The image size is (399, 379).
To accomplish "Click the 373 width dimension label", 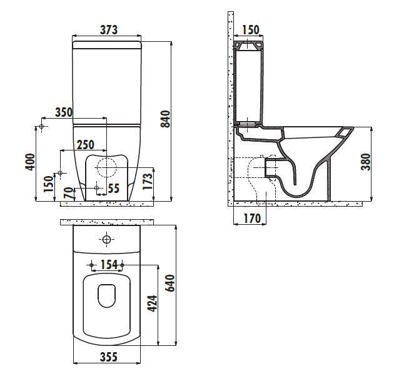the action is tap(109, 30).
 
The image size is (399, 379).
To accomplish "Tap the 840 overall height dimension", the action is tap(165, 119).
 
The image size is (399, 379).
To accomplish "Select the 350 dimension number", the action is tap(64, 112).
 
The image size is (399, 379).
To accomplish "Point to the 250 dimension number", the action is tap(86, 144).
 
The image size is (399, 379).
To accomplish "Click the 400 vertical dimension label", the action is tap(30, 162).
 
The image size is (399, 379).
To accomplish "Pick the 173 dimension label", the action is tap(148, 181).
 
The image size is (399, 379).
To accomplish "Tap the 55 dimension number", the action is tap(114, 188).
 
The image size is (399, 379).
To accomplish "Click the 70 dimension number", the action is tap(68, 194).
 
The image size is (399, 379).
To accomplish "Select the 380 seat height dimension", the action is tap(366, 162).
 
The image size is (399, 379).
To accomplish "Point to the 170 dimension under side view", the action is tap(252, 218).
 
